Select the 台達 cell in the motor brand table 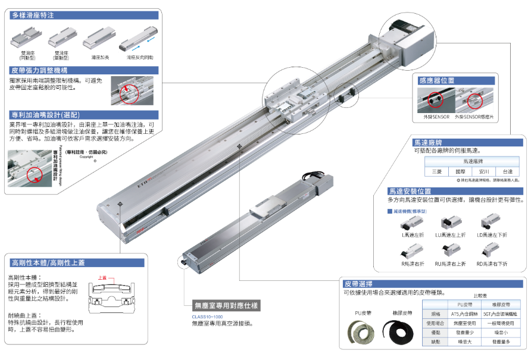pos(507,171)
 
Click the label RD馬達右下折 pos(491,263)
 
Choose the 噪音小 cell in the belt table pos(499,332)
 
